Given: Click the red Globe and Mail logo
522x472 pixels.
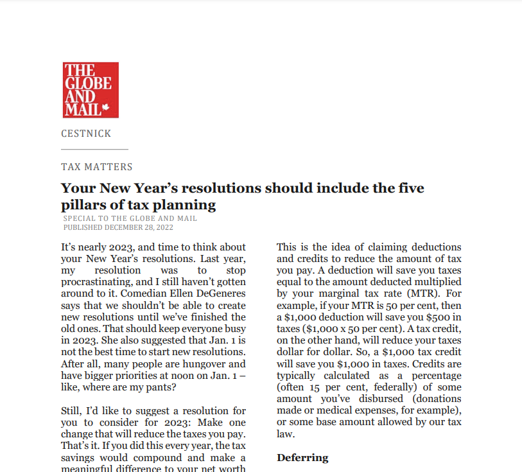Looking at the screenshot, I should click(x=91, y=90).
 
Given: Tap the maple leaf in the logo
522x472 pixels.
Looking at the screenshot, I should click(x=106, y=109).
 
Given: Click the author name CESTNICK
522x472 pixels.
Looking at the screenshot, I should click(x=86, y=134).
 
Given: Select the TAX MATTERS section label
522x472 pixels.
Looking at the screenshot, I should click(x=97, y=167).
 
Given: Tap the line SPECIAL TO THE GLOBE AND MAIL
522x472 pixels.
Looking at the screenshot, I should click(x=130, y=219).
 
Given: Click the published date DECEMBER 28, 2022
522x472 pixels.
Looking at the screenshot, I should click(x=139, y=227).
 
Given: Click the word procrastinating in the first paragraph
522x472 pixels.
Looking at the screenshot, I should click(x=103, y=282).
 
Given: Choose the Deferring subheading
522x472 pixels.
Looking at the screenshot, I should click(x=302, y=458).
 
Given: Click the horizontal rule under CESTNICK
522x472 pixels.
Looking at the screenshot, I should click(x=94, y=150).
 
